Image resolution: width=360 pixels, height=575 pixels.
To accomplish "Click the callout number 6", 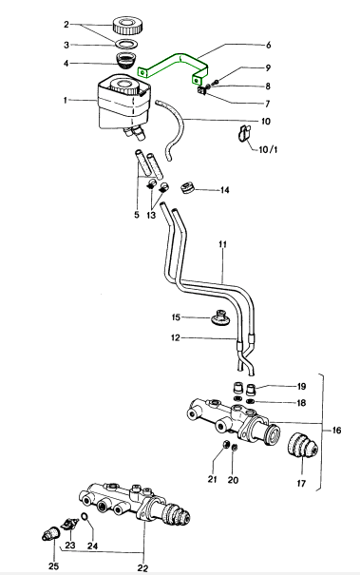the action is [x=269, y=45].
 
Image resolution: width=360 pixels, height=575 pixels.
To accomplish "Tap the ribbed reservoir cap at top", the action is [x=127, y=25].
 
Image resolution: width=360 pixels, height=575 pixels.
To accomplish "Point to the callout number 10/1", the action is [x=268, y=150].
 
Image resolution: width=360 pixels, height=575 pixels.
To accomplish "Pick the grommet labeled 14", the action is [x=188, y=188].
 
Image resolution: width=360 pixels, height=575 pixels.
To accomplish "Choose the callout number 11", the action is [x=223, y=244].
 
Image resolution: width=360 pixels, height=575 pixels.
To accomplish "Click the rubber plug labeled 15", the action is [x=220, y=317].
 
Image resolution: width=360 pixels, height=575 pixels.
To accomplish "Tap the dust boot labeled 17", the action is [x=301, y=445].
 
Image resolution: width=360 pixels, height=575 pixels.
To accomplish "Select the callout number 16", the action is [x=336, y=431].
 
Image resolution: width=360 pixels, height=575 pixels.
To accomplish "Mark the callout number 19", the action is [x=301, y=387].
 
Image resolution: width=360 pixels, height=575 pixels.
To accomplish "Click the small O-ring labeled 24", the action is [x=85, y=517].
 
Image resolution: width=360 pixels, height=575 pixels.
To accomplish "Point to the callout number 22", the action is [x=143, y=568].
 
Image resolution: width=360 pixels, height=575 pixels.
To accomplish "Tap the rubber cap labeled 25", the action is [x=50, y=533].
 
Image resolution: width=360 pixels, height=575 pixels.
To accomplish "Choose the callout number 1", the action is [x=66, y=100].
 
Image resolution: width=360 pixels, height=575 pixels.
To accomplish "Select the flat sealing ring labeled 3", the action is [x=127, y=44].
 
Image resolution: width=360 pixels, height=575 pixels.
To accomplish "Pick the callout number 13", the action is [x=151, y=215].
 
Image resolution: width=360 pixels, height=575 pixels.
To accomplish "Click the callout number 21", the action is [x=213, y=479].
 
